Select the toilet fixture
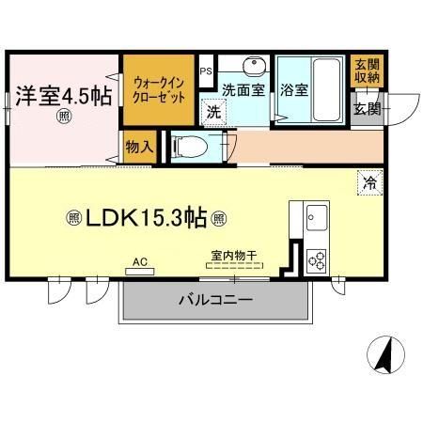click(188, 146)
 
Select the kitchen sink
click(315, 218)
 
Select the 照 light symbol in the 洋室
click(63, 117)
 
